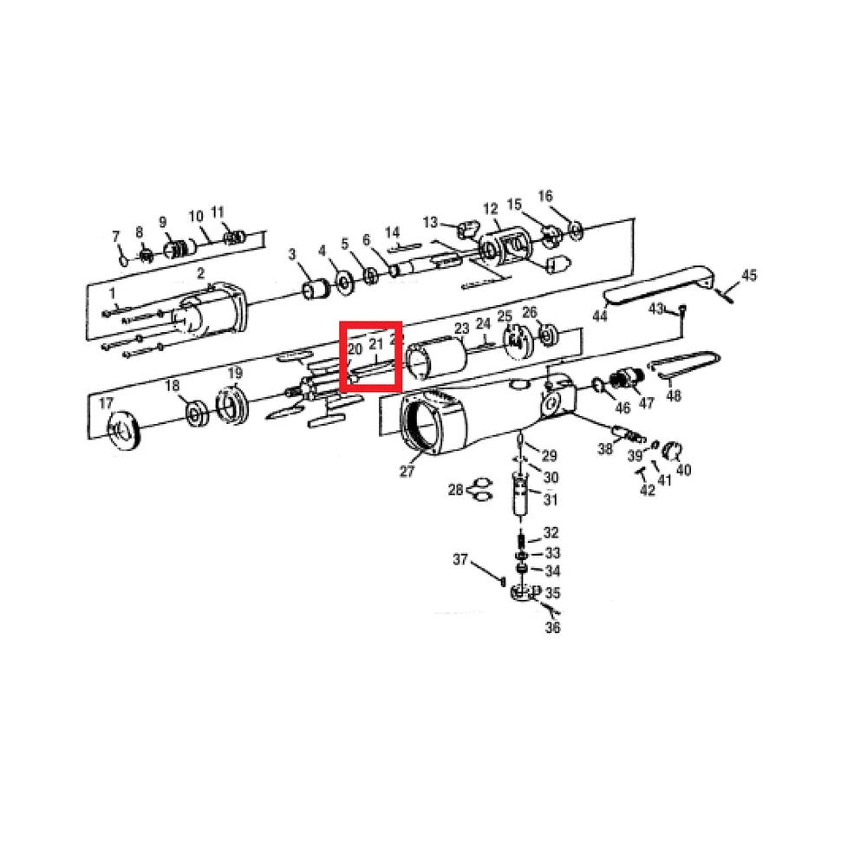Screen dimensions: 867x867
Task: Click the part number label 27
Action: [407, 472]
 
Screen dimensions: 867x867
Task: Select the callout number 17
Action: [106, 403]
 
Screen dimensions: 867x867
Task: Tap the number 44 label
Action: [600, 316]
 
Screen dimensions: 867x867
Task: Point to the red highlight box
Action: [370, 355]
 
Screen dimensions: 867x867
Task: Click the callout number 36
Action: [552, 627]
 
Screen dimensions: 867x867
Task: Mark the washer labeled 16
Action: [574, 231]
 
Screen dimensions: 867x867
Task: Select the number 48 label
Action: [674, 396]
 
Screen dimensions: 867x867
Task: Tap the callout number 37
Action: [460, 559]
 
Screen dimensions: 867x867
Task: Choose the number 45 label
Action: [749, 277]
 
